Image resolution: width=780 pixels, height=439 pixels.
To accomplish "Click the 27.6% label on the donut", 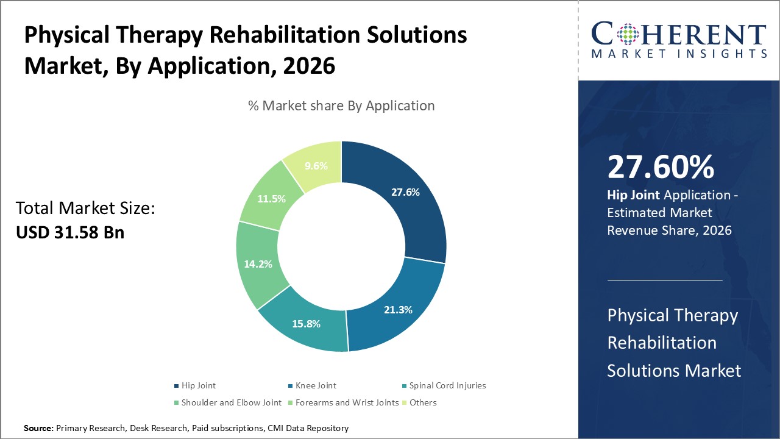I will point(405,192).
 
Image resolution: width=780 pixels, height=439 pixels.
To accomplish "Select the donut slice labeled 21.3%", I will point(397,310).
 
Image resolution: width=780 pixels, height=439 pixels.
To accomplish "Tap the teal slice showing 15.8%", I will point(306,324).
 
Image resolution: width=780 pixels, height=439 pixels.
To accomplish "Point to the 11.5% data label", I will point(271,199).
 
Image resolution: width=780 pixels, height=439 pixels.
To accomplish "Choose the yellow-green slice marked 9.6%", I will point(316,166).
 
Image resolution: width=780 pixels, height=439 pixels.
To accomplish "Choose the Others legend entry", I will point(423,402).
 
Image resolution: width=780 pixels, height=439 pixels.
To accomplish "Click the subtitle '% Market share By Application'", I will point(341,105).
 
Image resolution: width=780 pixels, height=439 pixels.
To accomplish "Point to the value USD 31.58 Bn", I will point(70,232).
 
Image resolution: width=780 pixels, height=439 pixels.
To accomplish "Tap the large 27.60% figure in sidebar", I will point(661,168).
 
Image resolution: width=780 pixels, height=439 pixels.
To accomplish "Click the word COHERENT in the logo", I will point(679,35).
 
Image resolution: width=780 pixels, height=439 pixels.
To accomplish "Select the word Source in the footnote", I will point(38,429).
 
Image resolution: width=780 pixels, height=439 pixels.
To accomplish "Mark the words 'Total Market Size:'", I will point(86,209).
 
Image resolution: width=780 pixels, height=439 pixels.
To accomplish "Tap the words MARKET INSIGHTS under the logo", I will point(679,54).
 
